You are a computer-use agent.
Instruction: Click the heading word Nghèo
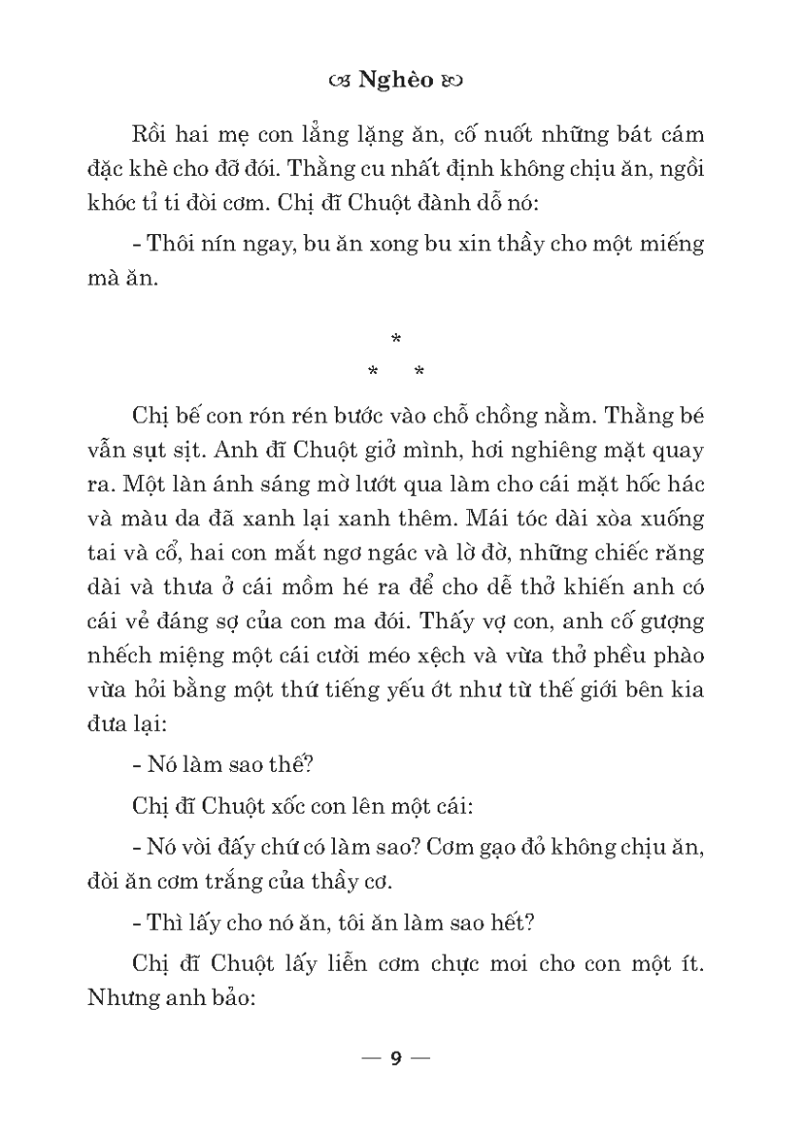[x=399, y=81]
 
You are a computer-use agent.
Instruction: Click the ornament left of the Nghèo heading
[x=338, y=82]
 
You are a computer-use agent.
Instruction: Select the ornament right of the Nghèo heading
[x=452, y=82]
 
